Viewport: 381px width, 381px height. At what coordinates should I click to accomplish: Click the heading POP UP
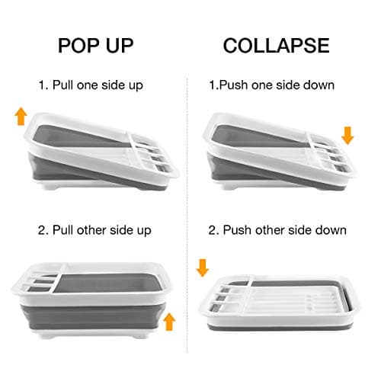point(95,44)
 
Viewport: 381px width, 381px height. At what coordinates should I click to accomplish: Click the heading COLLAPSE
point(276,44)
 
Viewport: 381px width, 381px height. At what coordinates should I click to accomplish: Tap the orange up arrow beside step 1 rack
point(20,117)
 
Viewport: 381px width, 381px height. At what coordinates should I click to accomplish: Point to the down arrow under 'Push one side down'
point(347,136)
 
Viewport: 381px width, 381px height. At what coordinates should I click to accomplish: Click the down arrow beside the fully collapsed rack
point(202,267)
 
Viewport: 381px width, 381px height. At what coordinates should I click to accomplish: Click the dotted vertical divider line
point(188,190)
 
